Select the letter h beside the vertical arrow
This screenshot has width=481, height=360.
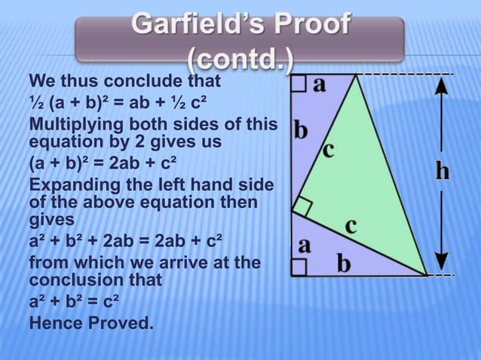pyautogui.click(x=443, y=171)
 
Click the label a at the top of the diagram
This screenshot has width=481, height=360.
pyautogui.click(x=320, y=84)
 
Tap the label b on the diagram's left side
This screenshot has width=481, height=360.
pyautogui.click(x=301, y=131)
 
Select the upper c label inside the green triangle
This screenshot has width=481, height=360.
pyautogui.click(x=328, y=148)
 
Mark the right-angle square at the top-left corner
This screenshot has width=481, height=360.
pyautogui.click(x=299, y=83)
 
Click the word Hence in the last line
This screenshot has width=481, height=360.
pyautogui.click(x=54, y=325)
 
